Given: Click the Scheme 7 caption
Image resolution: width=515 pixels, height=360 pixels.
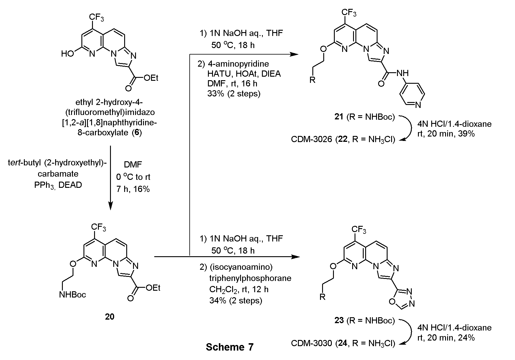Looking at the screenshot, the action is pyautogui.click(x=229, y=347).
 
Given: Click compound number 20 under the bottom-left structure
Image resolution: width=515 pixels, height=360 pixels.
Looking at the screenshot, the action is pyautogui.click(x=109, y=317).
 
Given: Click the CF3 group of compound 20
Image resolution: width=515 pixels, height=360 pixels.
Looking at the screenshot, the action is pyautogui.click(x=99, y=227).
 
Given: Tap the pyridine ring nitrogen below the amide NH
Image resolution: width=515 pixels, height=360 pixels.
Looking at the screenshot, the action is pyautogui.click(x=418, y=104).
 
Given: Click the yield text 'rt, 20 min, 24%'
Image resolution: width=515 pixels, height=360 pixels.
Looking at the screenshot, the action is pyautogui.click(x=446, y=338).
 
